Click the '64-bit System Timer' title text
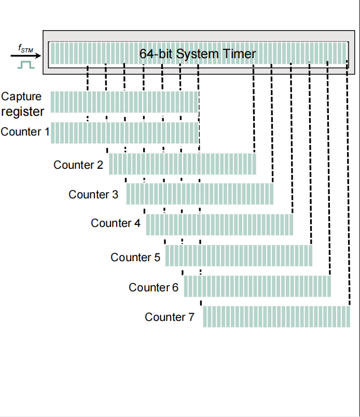(198, 54)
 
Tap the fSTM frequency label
(25, 48)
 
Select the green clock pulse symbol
(25, 64)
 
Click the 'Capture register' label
(22, 104)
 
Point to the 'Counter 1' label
(25, 132)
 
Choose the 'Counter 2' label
(78, 165)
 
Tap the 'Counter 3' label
(93, 195)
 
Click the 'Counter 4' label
(115, 223)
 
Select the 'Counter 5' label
(135, 258)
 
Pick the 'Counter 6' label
(154, 287)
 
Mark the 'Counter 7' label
(170, 317)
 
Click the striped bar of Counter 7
(276, 317)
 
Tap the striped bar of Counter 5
(239, 256)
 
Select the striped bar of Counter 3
(200, 194)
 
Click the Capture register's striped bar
(124, 102)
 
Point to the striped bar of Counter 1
(124, 133)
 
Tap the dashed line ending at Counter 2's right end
(254, 109)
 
